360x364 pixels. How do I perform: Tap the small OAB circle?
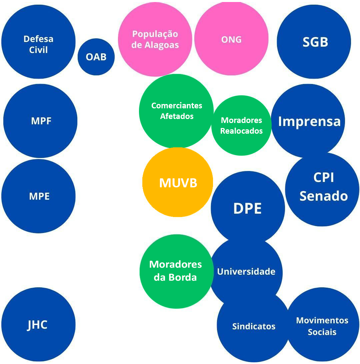coord(96,57)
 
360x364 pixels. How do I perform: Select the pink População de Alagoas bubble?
coord(155,40)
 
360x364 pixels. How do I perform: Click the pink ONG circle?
coord(231,40)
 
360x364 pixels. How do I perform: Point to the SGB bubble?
coord(314,42)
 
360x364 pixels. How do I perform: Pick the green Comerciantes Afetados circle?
coord(176,111)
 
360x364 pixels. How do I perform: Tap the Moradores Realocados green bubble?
coord(241,125)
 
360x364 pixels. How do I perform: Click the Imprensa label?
coord(309,121)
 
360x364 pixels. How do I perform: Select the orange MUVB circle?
coord(178,182)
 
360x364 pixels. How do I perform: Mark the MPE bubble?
coord(39,196)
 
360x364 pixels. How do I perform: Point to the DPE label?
coord(247,208)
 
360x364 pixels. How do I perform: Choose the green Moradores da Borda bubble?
coord(176,271)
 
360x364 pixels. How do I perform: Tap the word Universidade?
coord(246,271)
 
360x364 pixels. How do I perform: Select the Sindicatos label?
coord(254,326)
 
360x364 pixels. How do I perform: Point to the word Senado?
coord(323,196)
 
